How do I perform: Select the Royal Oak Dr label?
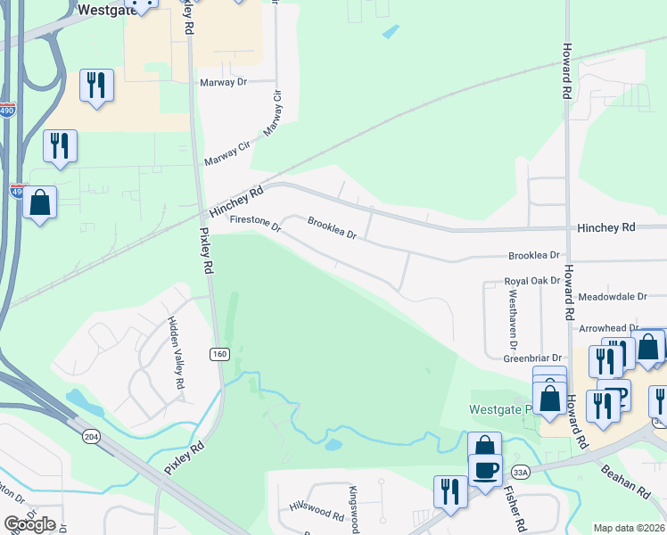point(532,280)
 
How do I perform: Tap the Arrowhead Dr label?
point(610,329)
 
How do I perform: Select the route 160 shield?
point(219,354)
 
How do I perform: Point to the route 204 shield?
point(91,436)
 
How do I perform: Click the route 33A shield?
point(521,471)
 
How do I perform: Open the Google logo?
point(29,524)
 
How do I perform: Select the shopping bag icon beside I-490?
point(40,202)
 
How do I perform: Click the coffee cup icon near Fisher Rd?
point(485,470)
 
